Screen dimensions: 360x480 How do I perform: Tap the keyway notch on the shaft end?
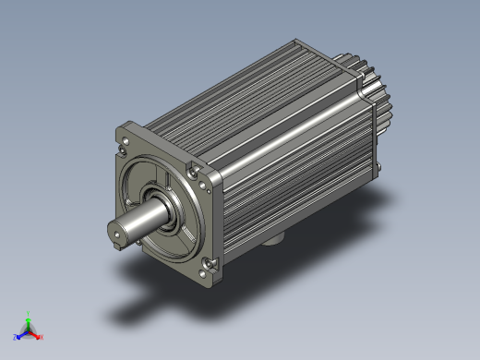116,242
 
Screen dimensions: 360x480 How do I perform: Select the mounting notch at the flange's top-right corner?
191,170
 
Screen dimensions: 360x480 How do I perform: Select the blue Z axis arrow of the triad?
21,334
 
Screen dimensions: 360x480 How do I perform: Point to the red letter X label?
42,337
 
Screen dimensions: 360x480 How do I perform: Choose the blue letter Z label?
16,337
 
